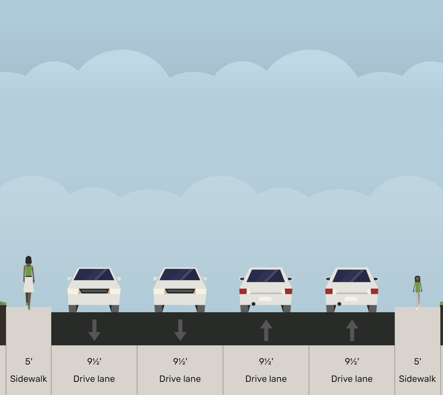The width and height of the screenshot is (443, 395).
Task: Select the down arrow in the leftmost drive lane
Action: (94, 330)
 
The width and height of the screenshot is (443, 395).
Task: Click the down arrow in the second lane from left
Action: (180, 330)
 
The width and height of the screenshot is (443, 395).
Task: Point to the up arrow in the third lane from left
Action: (266, 330)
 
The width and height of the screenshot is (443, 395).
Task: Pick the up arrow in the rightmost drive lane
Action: (352, 330)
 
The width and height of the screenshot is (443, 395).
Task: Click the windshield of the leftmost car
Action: (94, 275)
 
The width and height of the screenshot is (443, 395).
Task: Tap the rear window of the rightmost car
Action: (351, 276)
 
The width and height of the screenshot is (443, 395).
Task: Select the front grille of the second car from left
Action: (180, 291)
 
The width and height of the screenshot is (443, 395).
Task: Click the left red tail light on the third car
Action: (243, 291)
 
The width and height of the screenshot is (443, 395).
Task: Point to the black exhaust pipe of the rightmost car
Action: (339, 304)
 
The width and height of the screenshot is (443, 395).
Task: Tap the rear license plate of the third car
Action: (265, 299)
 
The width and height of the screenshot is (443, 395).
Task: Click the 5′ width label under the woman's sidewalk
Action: (29, 362)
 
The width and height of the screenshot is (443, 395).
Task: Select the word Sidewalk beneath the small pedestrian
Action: (417, 379)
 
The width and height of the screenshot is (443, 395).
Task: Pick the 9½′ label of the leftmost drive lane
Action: (94, 362)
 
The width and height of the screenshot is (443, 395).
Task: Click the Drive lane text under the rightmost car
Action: (352, 379)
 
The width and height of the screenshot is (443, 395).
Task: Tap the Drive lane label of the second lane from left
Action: (180, 379)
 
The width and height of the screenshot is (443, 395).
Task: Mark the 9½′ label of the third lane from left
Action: (266, 362)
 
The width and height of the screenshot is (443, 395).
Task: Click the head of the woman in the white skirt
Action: (28, 260)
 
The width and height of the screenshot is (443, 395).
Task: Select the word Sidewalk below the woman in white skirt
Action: (29, 379)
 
